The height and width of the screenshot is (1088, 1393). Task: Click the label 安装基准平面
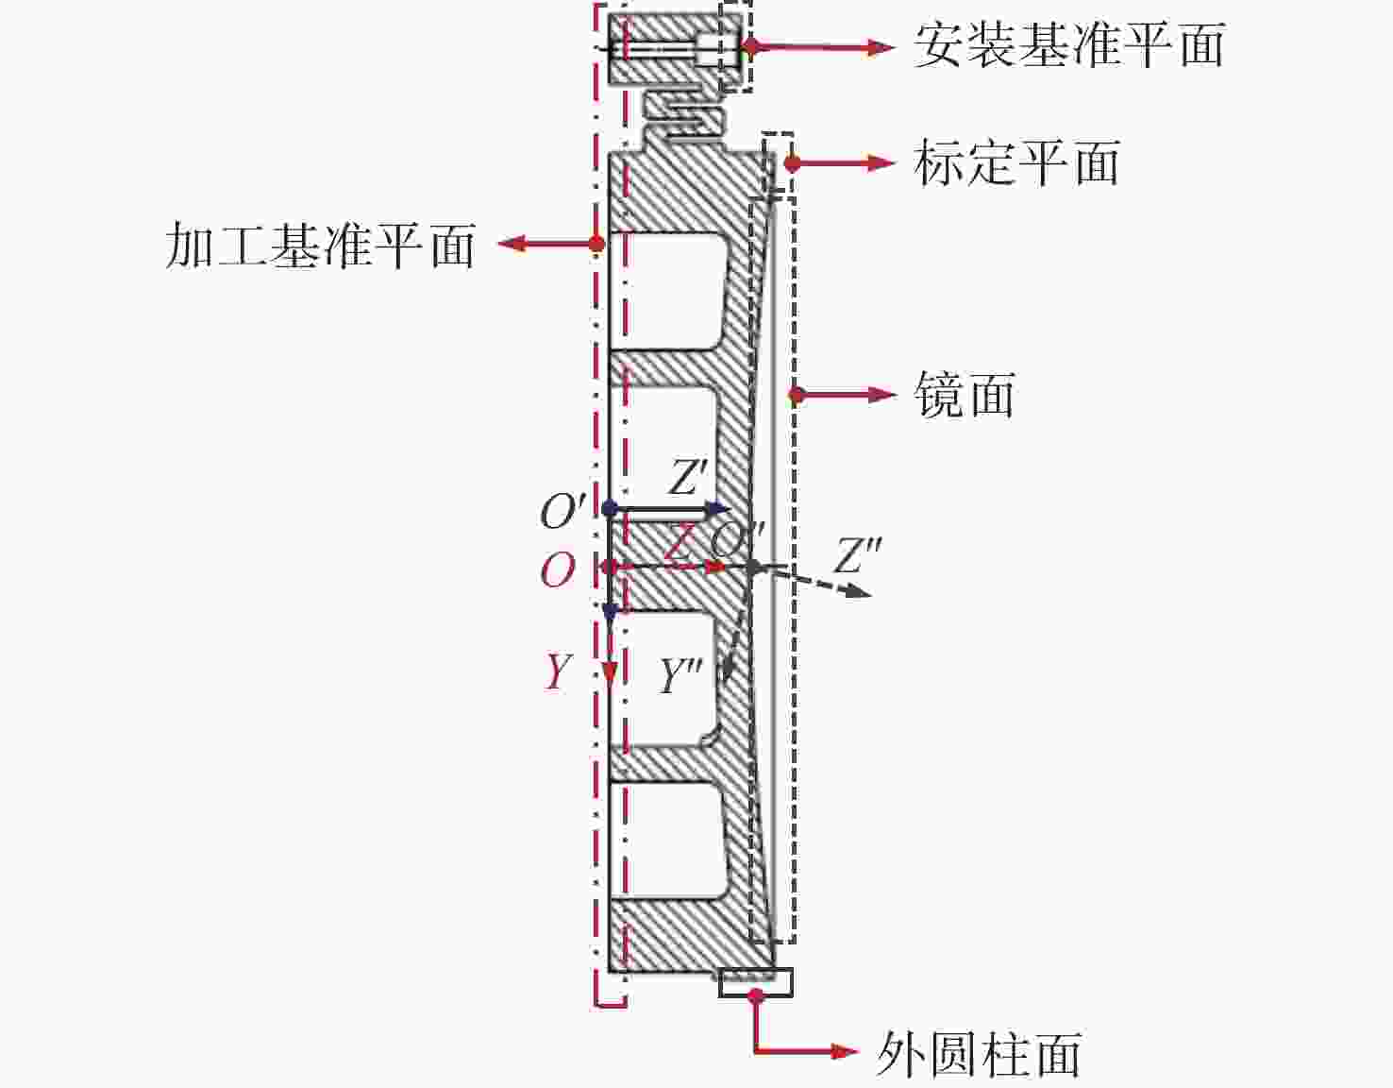click(x=1068, y=45)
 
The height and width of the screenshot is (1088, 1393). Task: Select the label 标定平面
click(x=1016, y=162)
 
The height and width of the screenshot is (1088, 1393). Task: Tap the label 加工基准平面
click(x=320, y=246)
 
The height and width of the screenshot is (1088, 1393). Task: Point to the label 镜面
click(x=965, y=394)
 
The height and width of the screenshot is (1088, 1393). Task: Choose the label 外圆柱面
click(x=979, y=1053)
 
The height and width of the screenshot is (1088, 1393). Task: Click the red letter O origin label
click(x=557, y=570)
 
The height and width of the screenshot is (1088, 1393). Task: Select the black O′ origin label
click(x=562, y=512)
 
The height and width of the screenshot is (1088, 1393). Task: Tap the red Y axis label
click(x=558, y=672)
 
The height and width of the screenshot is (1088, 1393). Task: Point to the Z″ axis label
click(x=858, y=555)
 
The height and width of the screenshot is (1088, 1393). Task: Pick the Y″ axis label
click(x=681, y=676)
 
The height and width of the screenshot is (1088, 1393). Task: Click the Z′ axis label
click(x=688, y=477)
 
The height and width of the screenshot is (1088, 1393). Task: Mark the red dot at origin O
click(x=610, y=567)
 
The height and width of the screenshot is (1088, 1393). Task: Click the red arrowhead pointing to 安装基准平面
click(x=881, y=45)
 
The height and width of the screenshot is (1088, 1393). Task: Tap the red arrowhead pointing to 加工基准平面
click(x=511, y=244)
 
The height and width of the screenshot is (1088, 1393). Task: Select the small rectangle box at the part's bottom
click(x=755, y=982)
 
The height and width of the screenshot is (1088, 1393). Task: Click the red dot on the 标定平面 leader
click(x=792, y=162)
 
